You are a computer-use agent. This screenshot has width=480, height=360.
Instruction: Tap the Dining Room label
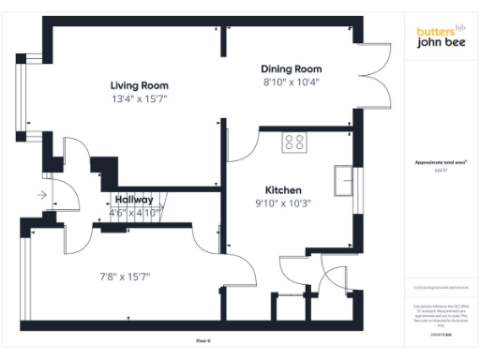291,69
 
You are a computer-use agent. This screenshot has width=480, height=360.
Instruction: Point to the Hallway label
134,200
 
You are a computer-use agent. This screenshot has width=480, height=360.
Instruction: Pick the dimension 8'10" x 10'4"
291,82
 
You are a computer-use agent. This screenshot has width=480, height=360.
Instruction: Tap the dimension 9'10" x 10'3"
282,202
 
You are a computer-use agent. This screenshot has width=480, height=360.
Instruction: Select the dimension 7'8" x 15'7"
126,277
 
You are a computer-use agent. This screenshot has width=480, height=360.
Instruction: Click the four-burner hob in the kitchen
295,142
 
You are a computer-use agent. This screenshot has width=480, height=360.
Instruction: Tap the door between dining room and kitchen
242,142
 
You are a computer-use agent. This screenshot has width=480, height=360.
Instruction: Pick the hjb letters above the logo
459,25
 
